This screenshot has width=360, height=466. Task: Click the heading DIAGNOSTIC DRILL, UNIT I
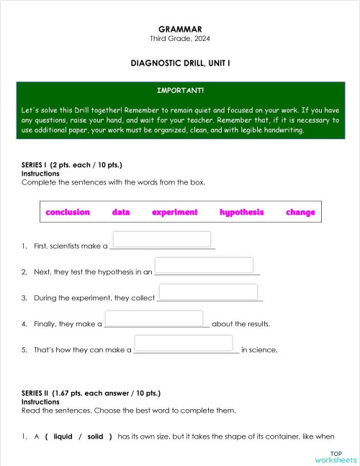coord(180,63)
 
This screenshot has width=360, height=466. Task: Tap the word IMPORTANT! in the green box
coord(180,91)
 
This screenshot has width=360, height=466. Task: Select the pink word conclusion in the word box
coord(68,212)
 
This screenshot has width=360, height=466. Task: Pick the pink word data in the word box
coord(121,212)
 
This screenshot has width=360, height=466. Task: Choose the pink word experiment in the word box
coord(174,212)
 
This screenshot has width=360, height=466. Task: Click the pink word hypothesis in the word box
coord(242,212)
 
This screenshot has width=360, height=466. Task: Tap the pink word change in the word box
coord(300,212)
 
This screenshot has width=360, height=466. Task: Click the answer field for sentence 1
coord(162,239)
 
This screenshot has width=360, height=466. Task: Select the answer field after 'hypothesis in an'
coord(204,265)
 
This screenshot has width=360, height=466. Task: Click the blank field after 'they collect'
coord(208,291)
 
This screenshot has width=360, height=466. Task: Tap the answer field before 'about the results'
coord(154,318)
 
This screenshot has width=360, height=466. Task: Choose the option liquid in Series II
coord(63,436)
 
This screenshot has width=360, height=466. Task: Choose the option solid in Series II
coord(95,436)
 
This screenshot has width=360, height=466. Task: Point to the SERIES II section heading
coord(91,393)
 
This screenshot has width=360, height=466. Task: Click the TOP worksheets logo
coord(336,457)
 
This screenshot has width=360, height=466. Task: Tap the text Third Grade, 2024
coord(180,38)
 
